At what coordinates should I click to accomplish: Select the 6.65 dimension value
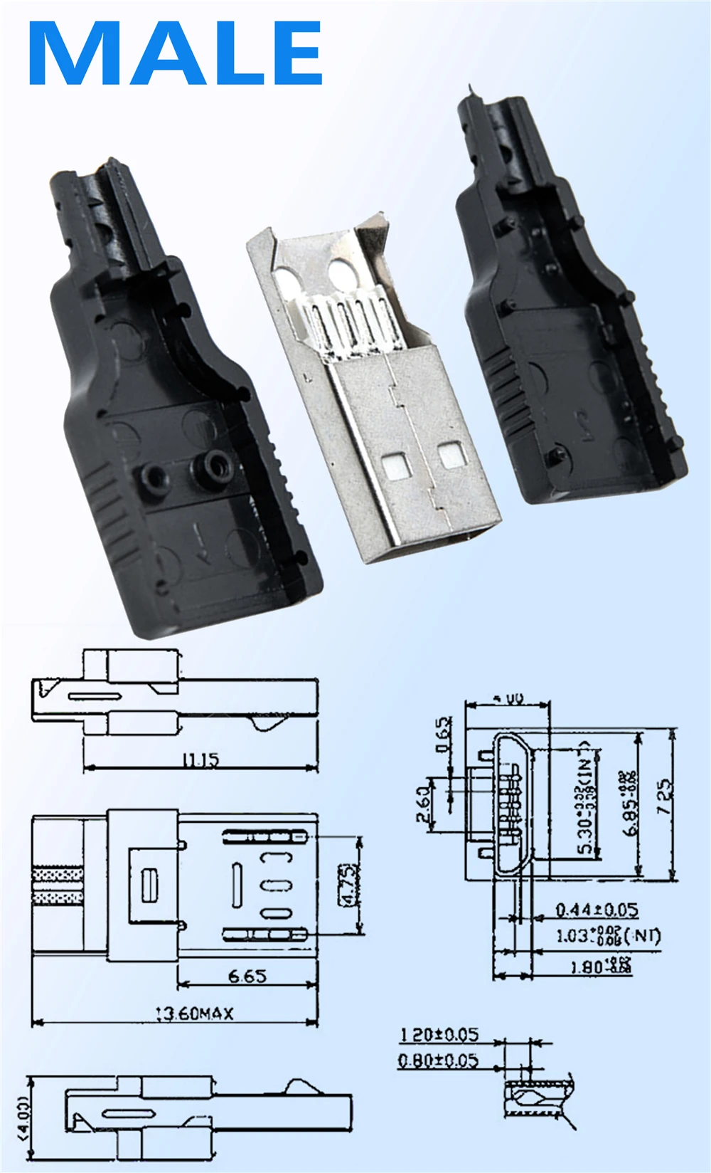pos(247,976)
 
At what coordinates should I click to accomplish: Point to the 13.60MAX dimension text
pos(194,1013)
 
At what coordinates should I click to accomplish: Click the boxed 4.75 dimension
pos(348,885)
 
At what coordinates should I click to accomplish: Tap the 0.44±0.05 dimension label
pos(596,910)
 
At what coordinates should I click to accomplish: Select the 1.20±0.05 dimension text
pos(439,1034)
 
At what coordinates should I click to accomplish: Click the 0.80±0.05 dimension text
pos(438,1061)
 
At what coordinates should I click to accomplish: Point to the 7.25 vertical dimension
pos(664,797)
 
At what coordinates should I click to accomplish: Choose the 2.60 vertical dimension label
pos(423,804)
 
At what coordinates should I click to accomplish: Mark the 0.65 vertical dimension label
pos(443,734)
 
